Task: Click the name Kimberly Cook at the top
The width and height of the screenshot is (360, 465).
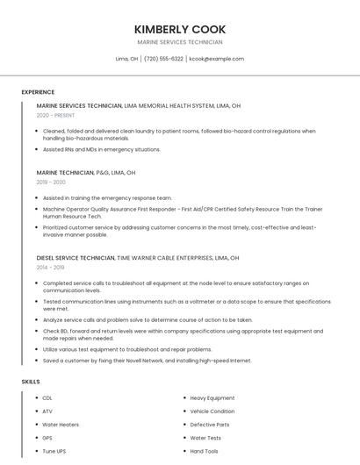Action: tap(180, 29)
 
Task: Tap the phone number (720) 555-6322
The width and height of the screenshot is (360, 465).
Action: tap(163, 59)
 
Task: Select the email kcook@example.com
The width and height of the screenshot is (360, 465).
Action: tap(216, 59)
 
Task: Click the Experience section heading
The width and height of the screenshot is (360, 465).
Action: tap(38, 92)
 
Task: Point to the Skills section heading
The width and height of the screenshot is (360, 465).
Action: tap(31, 382)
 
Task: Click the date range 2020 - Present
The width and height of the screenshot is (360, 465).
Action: tap(55, 115)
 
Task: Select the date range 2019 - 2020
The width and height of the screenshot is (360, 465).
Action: tap(51, 182)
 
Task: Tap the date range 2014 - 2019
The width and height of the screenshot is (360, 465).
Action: tap(50, 268)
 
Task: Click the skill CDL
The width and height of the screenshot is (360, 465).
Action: tap(47, 398)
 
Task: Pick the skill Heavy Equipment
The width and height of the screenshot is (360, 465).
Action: tap(212, 398)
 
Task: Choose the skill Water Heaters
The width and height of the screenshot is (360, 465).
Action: tap(61, 425)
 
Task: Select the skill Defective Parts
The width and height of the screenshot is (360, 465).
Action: tap(209, 425)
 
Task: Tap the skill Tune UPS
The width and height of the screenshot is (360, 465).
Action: tap(54, 451)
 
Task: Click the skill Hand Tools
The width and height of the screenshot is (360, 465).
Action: tap(204, 451)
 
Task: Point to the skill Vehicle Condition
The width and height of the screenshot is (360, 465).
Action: tap(212, 411)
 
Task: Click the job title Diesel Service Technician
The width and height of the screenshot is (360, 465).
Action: tap(76, 258)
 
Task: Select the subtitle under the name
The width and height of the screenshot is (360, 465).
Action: tap(180, 42)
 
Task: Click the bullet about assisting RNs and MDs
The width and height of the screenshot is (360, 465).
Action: tap(102, 149)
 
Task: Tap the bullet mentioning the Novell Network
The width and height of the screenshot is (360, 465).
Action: tap(147, 361)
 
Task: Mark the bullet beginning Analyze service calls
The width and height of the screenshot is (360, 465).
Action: tap(148, 320)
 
